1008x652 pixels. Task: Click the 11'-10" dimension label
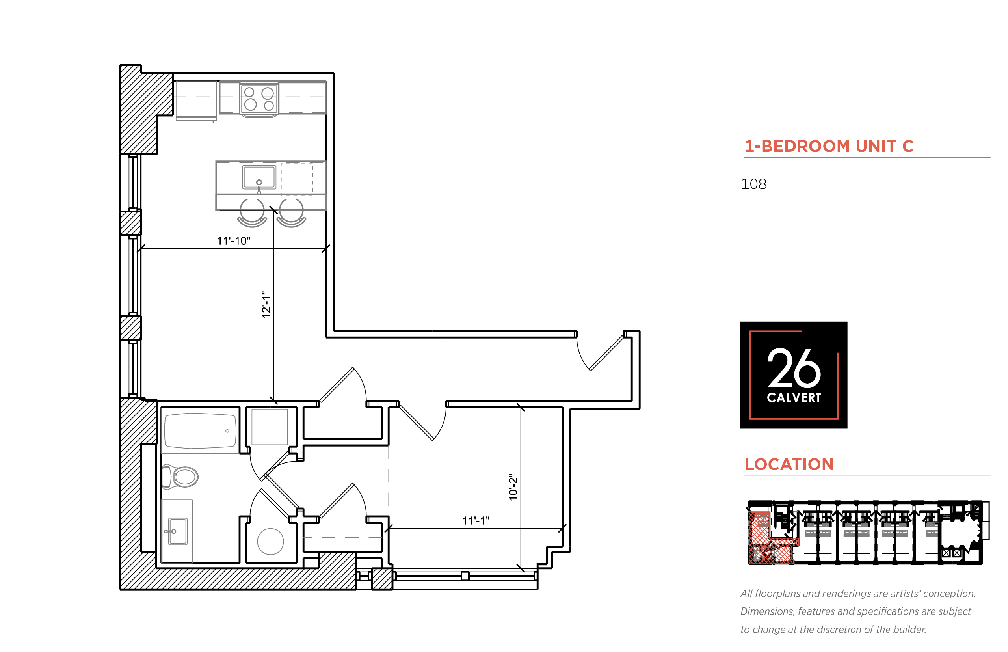click(x=233, y=240)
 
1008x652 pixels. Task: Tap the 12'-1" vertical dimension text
click(x=266, y=304)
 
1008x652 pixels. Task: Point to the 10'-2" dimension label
click(x=513, y=487)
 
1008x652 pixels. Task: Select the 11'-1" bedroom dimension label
click(x=476, y=520)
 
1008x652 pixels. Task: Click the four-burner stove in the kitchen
click(x=259, y=99)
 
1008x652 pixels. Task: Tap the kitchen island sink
click(x=259, y=177)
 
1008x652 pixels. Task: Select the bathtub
click(x=200, y=430)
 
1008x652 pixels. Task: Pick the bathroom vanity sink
click(x=178, y=531)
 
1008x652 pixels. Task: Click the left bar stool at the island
click(x=252, y=213)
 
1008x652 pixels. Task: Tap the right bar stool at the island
click(x=291, y=213)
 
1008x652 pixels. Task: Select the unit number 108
click(x=753, y=184)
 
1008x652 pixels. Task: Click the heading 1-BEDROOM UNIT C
click(x=829, y=146)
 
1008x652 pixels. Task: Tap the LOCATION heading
click(x=789, y=464)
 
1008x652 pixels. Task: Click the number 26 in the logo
click(x=794, y=367)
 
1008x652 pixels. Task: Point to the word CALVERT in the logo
click(x=794, y=398)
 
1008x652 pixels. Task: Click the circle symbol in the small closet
click(x=270, y=542)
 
